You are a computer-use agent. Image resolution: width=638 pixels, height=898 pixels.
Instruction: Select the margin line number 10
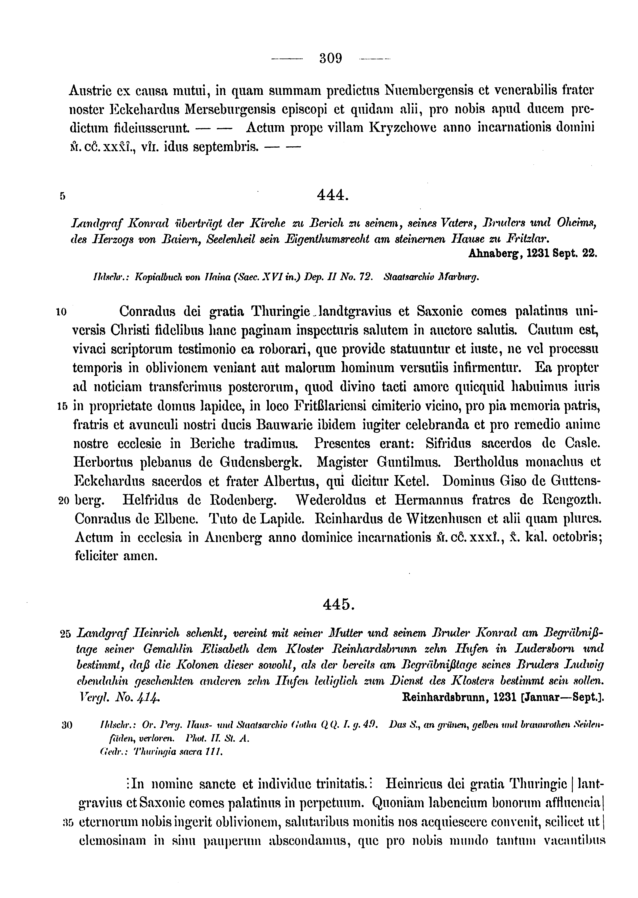click(x=61, y=312)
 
